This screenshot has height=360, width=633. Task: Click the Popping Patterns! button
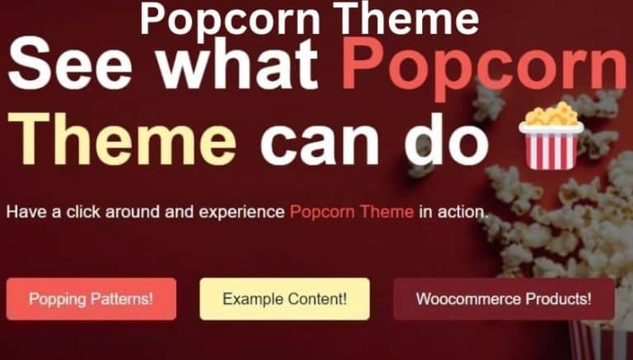(x=91, y=299)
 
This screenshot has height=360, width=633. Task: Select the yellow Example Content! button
(x=284, y=299)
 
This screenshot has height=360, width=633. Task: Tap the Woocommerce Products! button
(x=504, y=299)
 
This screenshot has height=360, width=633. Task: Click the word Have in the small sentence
(x=23, y=212)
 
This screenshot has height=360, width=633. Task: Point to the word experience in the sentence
(x=241, y=213)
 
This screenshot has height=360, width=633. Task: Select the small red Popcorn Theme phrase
(x=352, y=212)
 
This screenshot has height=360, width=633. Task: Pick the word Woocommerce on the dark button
(x=471, y=299)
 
